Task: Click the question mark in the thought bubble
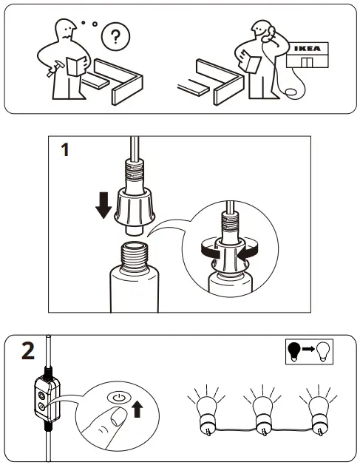[x=115, y=35]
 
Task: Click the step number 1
[x=64, y=150]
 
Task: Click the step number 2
[x=27, y=350]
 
